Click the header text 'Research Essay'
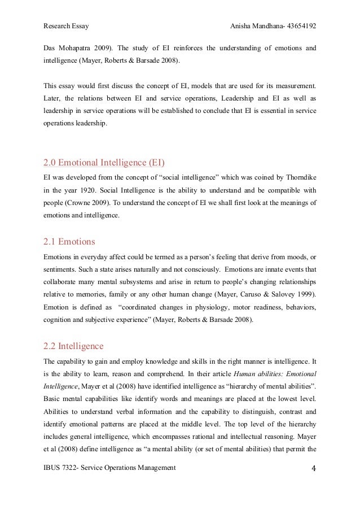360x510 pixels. click(66, 27)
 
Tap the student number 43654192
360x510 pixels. click(298, 27)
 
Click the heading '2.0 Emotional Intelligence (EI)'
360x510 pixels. click(104, 164)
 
